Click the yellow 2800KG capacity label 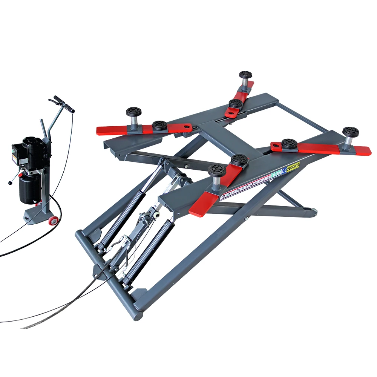click(293, 166)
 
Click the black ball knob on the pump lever click(10, 183)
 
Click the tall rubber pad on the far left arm click(133, 112)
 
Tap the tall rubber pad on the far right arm click(350, 133)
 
